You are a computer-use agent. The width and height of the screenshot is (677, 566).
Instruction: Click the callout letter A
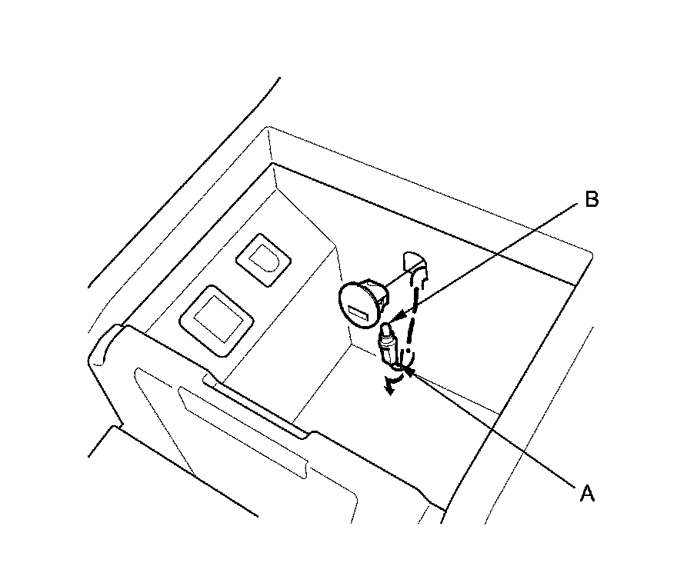[586, 493]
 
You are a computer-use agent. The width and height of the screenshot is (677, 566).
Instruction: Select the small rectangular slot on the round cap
[359, 313]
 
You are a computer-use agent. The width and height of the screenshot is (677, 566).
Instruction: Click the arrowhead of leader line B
[394, 317]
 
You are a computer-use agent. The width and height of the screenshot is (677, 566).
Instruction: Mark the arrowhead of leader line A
[411, 371]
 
